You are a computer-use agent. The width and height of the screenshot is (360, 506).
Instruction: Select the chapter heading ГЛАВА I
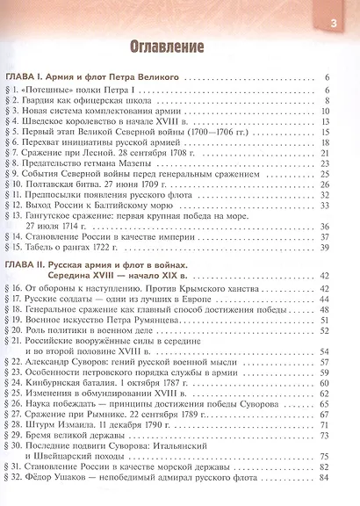click(x=30, y=78)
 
